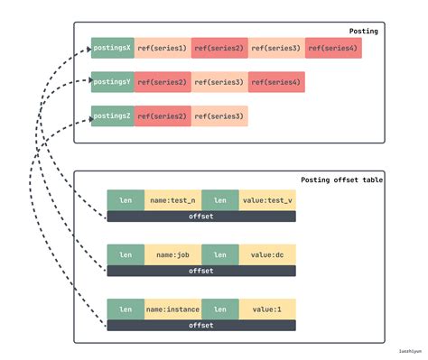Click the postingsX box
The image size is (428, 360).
click(x=113, y=48)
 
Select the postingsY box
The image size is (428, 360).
click(x=113, y=82)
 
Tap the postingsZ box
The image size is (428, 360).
click(x=113, y=115)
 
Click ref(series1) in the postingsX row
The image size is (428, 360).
click(x=163, y=48)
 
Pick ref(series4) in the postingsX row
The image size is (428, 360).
click(x=333, y=48)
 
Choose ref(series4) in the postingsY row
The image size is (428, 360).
click(x=276, y=82)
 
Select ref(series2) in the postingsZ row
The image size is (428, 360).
click(x=163, y=115)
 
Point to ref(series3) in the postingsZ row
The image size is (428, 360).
click(x=219, y=115)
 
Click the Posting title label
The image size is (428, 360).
click(x=363, y=31)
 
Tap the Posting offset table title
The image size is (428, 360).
click(x=341, y=180)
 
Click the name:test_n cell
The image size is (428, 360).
click(x=172, y=201)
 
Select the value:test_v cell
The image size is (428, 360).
click(x=267, y=201)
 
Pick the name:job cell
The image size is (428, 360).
click(x=172, y=255)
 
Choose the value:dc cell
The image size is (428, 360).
click(x=267, y=255)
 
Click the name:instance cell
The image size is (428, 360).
click(x=172, y=309)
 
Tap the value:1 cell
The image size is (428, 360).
click(x=267, y=309)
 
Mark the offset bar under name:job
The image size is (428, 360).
click(x=200, y=270)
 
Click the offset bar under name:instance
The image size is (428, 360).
click(x=200, y=324)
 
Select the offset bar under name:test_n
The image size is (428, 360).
click(x=200, y=216)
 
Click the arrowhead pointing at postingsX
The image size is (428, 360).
click(x=88, y=47)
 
